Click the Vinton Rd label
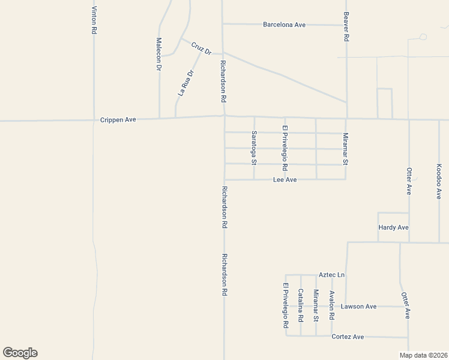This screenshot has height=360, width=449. pyautogui.click(x=94, y=20)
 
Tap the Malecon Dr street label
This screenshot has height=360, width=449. pyautogui.click(x=159, y=55)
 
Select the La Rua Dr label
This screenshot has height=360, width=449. pyautogui.click(x=186, y=83)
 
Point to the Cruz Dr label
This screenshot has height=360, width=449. pyautogui.click(x=202, y=48)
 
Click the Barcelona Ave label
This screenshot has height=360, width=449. pyautogui.click(x=285, y=25)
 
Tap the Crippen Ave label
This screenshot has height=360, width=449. pyautogui.click(x=118, y=120)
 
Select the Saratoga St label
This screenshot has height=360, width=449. pyautogui.click(x=254, y=148)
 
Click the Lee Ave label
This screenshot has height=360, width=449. pyautogui.click(x=285, y=179)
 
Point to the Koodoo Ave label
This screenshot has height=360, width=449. pyautogui.click(x=439, y=181)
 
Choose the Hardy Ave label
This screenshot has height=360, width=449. pyautogui.click(x=393, y=227)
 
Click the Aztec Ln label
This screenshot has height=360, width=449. pyautogui.click(x=332, y=275)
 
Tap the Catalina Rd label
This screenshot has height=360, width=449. pyautogui.click(x=301, y=305)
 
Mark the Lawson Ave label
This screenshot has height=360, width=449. pyautogui.click(x=358, y=307)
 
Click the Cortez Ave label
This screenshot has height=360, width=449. pyautogui.click(x=348, y=337)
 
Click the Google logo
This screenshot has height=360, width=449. pyautogui.click(x=20, y=353)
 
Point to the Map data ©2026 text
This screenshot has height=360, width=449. pyautogui.click(x=424, y=355)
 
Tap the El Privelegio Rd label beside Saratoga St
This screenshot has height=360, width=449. pyautogui.click(x=285, y=148)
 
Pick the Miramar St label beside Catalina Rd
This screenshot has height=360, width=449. pyautogui.click(x=316, y=305)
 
